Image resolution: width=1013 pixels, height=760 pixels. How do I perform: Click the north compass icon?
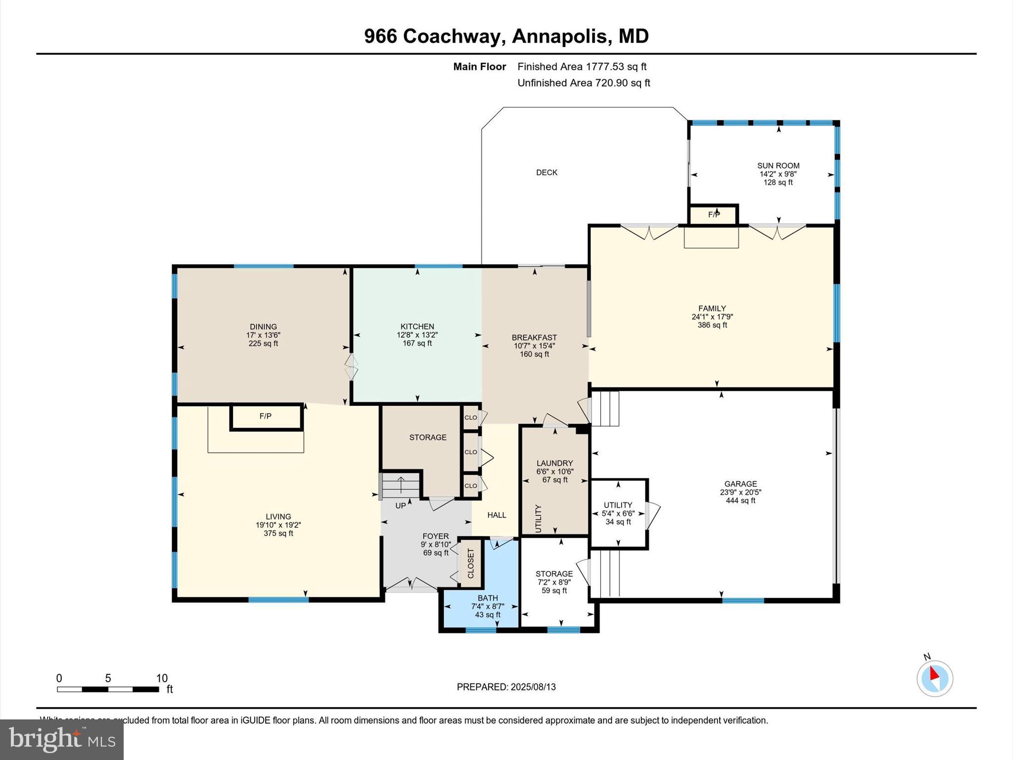click(x=934, y=678)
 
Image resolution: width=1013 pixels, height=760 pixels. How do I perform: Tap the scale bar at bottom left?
click(x=108, y=689)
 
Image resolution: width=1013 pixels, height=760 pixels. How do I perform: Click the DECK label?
click(x=547, y=173)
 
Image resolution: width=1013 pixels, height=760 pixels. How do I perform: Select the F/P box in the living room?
click(x=266, y=417)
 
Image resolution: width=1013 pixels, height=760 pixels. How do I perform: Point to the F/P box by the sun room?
click(x=713, y=215)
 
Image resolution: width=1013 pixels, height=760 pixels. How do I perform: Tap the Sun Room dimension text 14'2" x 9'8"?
click(x=778, y=174)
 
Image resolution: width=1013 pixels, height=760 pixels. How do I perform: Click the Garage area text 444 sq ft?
click(x=740, y=501)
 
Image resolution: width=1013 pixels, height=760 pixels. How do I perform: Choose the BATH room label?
click(x=488, y=598)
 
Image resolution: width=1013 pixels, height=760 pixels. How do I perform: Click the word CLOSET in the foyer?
click(x=470, y=564)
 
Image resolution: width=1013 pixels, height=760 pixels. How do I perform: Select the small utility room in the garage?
click(x=618, y=514)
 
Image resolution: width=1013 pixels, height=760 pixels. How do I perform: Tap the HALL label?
click(x=497, y=515)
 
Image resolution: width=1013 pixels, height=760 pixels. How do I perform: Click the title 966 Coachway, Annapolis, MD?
click(x=506, y=36)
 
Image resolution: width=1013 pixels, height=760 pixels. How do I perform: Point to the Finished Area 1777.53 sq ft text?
click(x=582, y=67)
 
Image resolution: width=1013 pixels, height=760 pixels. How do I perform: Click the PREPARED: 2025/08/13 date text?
click(x=506, y=687)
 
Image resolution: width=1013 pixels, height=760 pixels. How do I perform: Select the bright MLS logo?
click(x=62, y=739)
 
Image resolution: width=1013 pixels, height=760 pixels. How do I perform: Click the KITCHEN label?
click(x=417, y=327)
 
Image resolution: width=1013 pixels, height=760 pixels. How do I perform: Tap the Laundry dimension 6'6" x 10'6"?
click(x=554, y=472)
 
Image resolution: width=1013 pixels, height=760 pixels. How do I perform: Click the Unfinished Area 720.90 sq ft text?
click(x=584, y=83)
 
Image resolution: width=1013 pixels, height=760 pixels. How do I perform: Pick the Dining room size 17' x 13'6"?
click(x=263, y=335)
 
